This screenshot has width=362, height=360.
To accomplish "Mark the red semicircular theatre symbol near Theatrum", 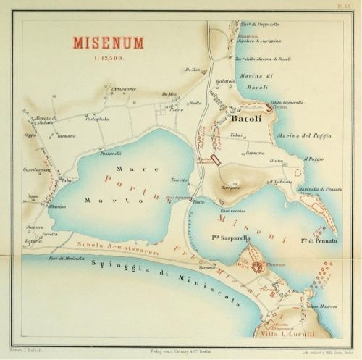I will pyautogui.click(x=258, y=269).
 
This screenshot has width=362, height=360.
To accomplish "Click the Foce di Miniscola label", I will pyautogui.click(x=63, y=259).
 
